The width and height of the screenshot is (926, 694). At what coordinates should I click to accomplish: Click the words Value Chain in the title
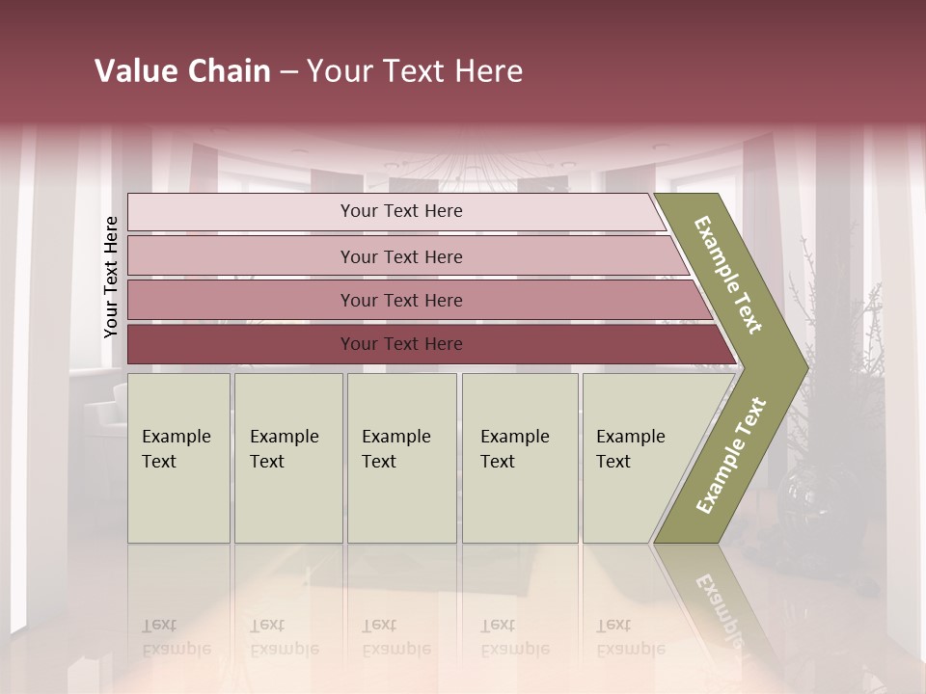[182, 71]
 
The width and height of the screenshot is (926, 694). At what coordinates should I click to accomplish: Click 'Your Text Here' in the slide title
[415, 71]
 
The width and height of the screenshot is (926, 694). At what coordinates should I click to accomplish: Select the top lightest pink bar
[241, 212]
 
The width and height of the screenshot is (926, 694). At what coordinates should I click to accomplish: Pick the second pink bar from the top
[241, 256]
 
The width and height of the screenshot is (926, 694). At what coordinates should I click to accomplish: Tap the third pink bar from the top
[241, 301]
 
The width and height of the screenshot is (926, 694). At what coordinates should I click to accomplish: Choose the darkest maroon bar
[241, 344]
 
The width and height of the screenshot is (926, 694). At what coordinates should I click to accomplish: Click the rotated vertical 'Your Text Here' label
[111, 277]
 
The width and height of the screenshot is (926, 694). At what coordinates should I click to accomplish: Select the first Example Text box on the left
[178, 458]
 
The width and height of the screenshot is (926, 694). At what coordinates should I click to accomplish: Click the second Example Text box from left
[287, 458]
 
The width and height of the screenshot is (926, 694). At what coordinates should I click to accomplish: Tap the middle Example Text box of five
[401, 458]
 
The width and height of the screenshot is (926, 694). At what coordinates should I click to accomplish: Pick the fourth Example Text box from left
[520, 458]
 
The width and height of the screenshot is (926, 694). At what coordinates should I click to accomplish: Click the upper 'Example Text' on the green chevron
[728, 275]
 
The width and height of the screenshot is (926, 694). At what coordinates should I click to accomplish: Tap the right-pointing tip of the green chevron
[803, 367]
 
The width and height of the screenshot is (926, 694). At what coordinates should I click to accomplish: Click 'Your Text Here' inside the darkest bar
[401, 344]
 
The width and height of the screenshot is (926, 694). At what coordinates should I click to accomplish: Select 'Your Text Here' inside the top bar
[401, 211]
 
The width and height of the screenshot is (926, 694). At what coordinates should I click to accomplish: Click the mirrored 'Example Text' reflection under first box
[177, 637]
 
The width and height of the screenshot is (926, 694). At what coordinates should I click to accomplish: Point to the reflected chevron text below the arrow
[719, 602]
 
